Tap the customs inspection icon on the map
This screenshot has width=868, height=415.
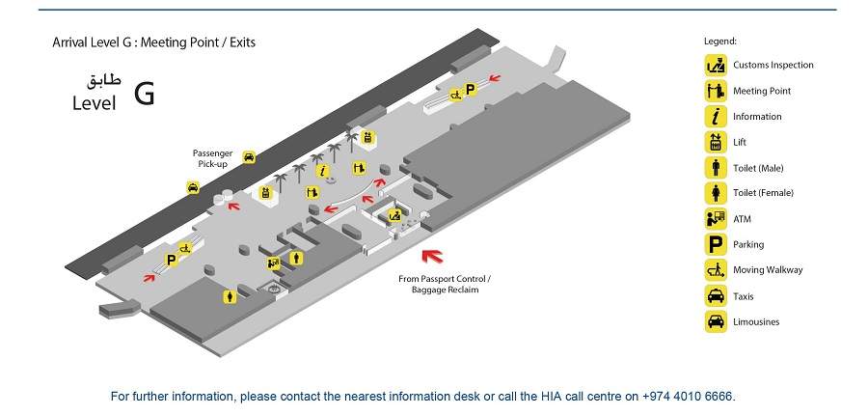(394, 215)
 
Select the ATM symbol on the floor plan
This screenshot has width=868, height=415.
(274, 261)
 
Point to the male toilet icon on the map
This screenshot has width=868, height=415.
(298, 258)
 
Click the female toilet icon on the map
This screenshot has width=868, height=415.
(229, 296)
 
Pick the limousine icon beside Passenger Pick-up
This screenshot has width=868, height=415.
(249, 156)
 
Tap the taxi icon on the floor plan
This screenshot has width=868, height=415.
(193, 189)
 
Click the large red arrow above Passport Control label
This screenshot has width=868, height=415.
(433, 256)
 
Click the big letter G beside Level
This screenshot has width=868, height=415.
(144, 95)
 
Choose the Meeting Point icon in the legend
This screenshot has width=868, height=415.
(715, 91)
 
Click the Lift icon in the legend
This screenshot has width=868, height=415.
(715, 142)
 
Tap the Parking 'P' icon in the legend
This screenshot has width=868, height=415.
(715, 244)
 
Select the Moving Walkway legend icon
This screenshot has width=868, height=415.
(715, 270)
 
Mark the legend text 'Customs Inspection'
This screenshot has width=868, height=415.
(773, 66)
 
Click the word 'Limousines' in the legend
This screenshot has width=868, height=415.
(756, 322)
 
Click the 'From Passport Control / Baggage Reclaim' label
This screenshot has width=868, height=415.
(438, 284)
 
